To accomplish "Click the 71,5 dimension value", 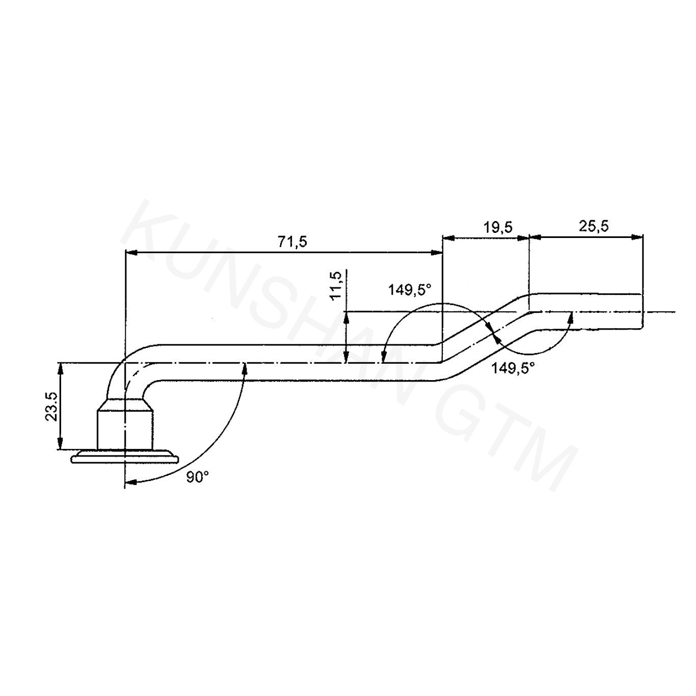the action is (x=292, y=242).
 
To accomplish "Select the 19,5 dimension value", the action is (x=498, y=227).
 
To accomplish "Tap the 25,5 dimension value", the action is (x=594, y=226).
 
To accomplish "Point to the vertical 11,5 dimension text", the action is (x=336, y=285).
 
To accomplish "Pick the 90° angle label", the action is (x=198, y=477).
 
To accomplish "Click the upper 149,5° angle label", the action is (x=410, y=290).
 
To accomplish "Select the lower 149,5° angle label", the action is (x=513, y=368).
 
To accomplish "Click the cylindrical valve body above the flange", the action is (x=125, y=430).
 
